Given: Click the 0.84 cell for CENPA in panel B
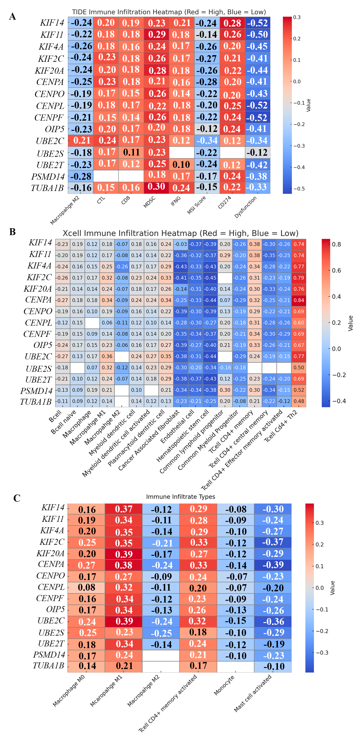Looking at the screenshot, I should tap(299, 300).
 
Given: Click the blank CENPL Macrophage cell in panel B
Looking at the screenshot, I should tap(92, 323).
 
